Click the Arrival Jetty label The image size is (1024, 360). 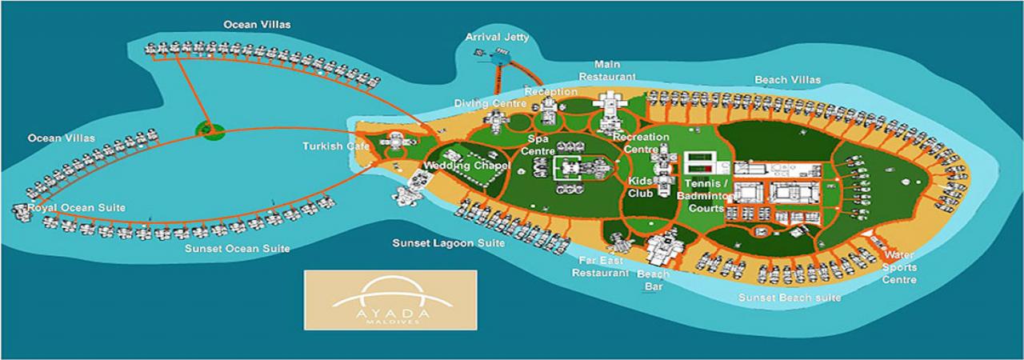pyautogui.click(x=498, y=37)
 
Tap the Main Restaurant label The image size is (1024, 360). pyautogui.click(x=614, y=70)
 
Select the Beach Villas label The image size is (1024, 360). pyautogui.click(x=787, y=80)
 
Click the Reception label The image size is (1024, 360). pyautogui.click(x=551, y=92)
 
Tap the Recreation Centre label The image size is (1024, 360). pyautogui.click(x=641, y=143)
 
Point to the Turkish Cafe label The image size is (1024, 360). pyautogui.click(x=334, y=146)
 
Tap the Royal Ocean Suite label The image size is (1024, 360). pyautogui.click(x=76, y=208)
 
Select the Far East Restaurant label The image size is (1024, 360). pyautogui.click(x=600, y=266)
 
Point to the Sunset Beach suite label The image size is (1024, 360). pyautogui.click(x=790, y=298)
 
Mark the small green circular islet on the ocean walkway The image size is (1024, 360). pyautogui.click(x=210, y=129)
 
